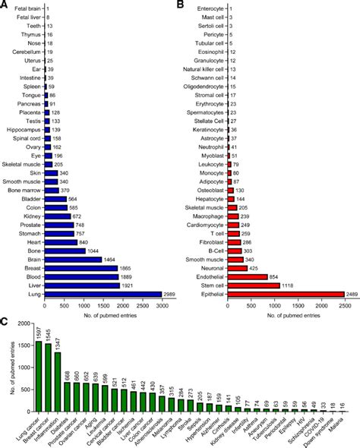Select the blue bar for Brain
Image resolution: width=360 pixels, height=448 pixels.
74,259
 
